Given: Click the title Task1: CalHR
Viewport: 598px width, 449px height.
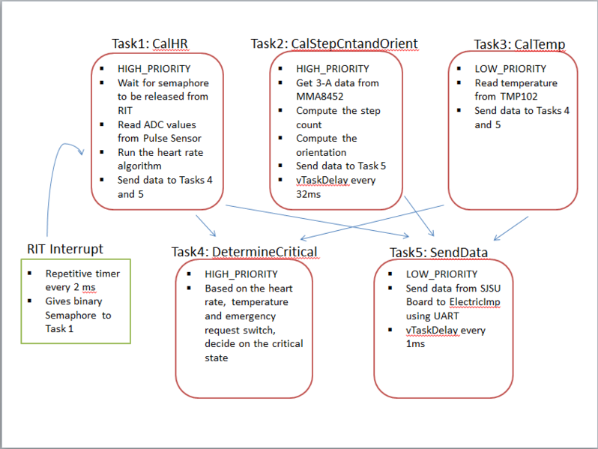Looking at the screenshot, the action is click(150, 43).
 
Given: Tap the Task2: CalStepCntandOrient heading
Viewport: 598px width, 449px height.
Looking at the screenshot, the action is click(334, 43).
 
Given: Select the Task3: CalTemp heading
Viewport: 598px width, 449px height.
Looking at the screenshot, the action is click(519, 44).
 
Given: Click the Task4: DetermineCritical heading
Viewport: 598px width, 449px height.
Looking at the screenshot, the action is click(244, 252).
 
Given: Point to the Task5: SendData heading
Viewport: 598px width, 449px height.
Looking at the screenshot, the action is click(438, 253).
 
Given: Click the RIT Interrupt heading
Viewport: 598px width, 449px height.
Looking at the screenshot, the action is click(65, 249).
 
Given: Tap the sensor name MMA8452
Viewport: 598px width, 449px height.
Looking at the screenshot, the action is click(319, 97).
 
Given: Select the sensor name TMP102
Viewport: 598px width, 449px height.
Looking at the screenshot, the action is click(519, 97).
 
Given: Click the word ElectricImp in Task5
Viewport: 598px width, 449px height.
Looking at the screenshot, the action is click(474, 302).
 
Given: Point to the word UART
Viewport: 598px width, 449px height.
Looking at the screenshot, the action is click(445, 316).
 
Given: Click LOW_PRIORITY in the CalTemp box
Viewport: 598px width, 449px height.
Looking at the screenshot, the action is click(510, 69).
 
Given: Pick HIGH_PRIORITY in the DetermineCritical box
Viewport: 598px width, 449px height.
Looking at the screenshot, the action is click(241, 274).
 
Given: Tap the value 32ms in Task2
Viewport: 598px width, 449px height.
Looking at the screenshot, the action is click(308, 195).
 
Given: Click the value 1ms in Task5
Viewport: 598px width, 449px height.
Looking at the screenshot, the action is click(415, 344).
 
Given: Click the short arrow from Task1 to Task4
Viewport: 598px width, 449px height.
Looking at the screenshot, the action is click(206, 226).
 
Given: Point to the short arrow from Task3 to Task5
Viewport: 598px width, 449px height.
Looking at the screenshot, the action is click(511, 229).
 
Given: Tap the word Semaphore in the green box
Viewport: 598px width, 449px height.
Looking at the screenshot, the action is click(70, 316).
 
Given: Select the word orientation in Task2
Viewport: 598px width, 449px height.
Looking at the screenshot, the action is click(321, 153).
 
